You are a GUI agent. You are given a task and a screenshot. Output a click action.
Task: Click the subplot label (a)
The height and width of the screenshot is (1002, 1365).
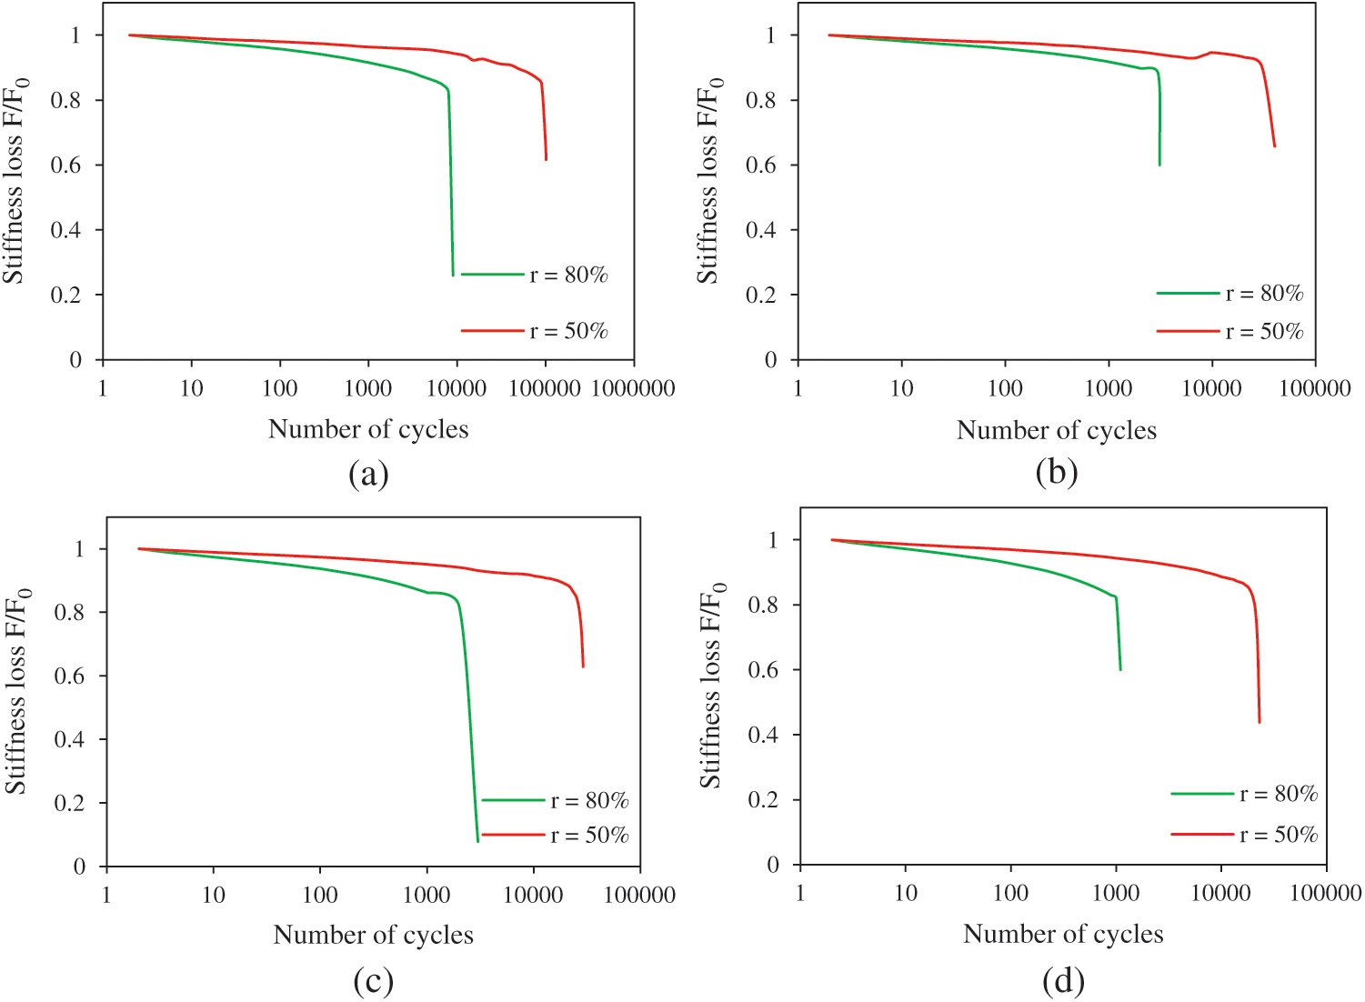(x=368, y=474)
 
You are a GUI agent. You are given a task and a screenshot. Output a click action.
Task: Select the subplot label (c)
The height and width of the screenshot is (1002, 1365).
(x=373, y=980)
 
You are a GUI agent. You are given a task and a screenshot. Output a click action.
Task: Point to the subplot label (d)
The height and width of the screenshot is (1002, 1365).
(x=1063, y=980)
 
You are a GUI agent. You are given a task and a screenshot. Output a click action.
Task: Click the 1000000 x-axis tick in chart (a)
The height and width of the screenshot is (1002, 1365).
(x=633, y=389)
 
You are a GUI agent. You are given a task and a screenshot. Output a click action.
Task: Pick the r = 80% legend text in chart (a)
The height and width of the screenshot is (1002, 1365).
(x=568, y=275)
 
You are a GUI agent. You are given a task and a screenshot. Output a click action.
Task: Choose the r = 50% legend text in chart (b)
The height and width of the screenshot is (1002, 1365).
(x=1264, y=332)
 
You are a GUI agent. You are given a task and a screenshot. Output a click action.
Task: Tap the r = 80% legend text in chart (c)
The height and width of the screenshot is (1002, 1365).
(x=589, y=801)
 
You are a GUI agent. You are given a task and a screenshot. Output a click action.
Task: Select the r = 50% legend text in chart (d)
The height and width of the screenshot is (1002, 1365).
(x=1279, y=835)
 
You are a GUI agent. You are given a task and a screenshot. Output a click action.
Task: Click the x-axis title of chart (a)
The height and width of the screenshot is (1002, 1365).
(x=368, y=429)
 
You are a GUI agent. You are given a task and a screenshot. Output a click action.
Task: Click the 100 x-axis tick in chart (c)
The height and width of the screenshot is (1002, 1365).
(x=319, y=896)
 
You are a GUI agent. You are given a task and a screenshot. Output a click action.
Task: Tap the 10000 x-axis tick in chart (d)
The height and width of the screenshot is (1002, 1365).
(x=1220, y=894)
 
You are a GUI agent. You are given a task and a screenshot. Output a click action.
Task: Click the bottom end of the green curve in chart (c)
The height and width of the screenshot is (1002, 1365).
(x=477, y=841)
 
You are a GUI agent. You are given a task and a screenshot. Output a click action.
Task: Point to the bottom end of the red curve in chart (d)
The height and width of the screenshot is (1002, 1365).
(x=1260, y=722)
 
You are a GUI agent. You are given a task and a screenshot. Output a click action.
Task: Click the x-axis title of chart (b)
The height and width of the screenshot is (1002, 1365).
(x=1056, y=430)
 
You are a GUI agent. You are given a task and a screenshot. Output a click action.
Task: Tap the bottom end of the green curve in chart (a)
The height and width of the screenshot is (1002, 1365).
(x=453, y=275)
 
